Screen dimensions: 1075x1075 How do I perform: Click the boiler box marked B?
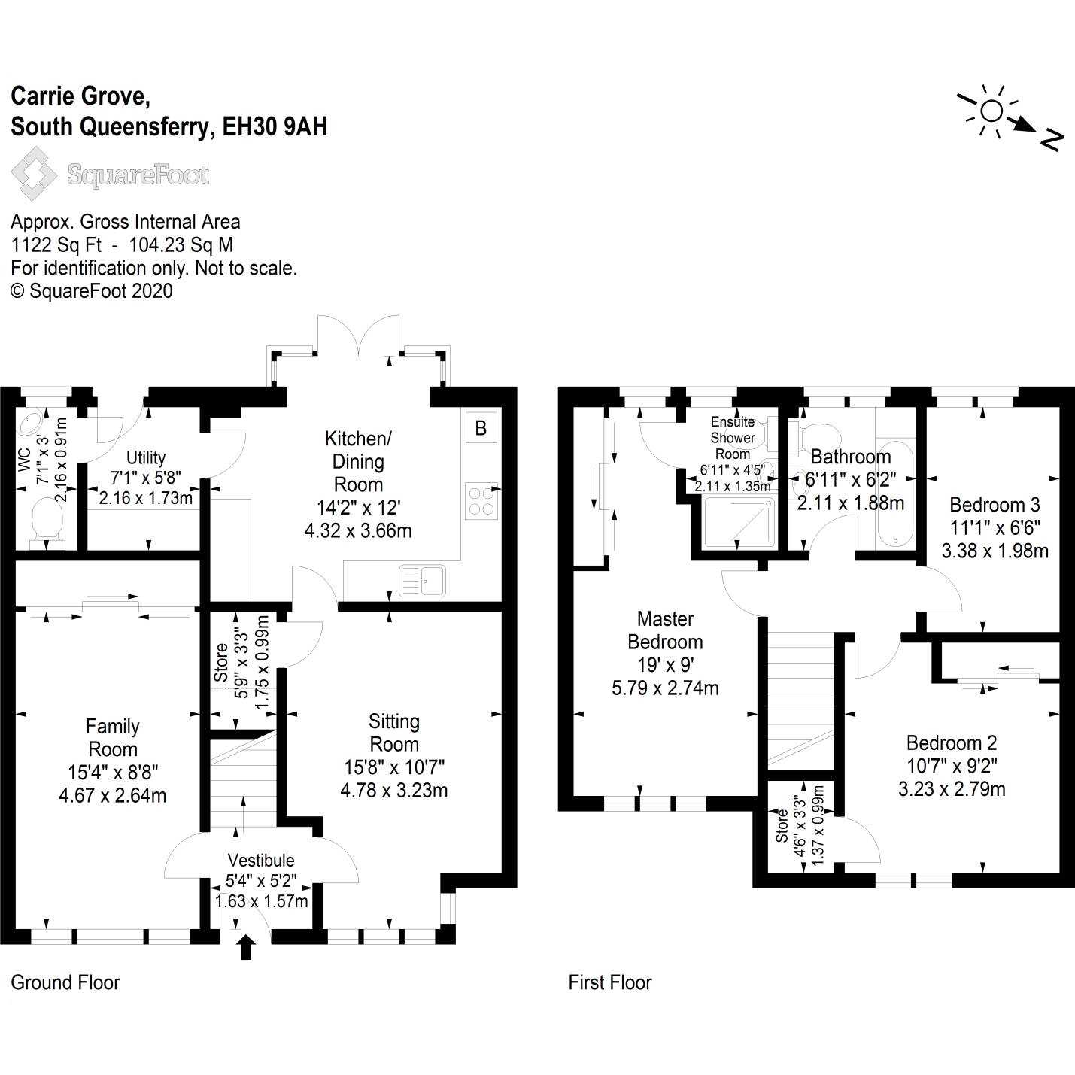tap(481, 428)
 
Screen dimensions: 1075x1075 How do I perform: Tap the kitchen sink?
tap(423, 580)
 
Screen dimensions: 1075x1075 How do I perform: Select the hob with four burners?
tap(481, 500)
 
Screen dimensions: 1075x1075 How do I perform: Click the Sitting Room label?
tap(393, 733)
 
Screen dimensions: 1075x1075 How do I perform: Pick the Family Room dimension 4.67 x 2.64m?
tap(113, 795)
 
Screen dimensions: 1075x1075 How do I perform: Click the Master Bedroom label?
tap(665, 630)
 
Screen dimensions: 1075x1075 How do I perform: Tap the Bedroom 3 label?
tap(995, 505)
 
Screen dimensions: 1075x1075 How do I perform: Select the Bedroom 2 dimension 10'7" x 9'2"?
tap(952, 766)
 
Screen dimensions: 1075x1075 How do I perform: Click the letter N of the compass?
tap(1052, 139)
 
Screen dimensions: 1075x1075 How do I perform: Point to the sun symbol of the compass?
tap(991, 111)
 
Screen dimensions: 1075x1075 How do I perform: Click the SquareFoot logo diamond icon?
tap(33, 174)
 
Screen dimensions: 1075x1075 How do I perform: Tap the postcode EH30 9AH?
tap(275, 126)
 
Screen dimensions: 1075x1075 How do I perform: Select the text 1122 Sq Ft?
tap(56, 245)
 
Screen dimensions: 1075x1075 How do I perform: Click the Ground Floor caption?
tap(65, 982)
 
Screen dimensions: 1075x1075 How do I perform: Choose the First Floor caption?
tap(610, 982)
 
